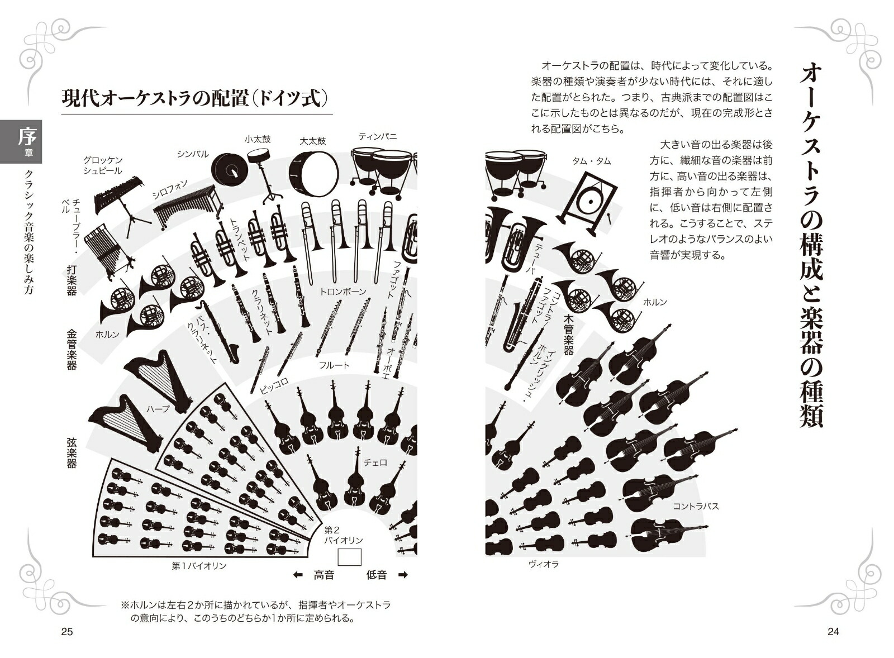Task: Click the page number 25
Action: pyautogui.click(x=66, y=632)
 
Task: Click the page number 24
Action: pyautogui.click(x=833, y=632)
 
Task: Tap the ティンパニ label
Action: pyautogui.click(x=378, y=136)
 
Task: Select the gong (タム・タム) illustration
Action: pyautogui.click(x=588, y=201)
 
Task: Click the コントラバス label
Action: pyautogui.click(x=696, y=507)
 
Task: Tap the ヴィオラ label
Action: pyautogui.click(x=544, y=564)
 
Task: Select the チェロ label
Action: pyautogui.click(x=375, y=462)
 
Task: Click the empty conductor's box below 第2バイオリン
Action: pyautogui.click(x=350, y=556)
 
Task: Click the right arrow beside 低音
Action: pyautogui.click(x=402, y=575)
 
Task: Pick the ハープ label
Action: pyautogui.click(x=158, y=409)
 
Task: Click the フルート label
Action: pyautogui.click(x=334, y=365)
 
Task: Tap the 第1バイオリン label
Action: pyautogui.click(x=199, y=566)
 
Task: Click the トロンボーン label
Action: pyautogui.click(x=343, y=292)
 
